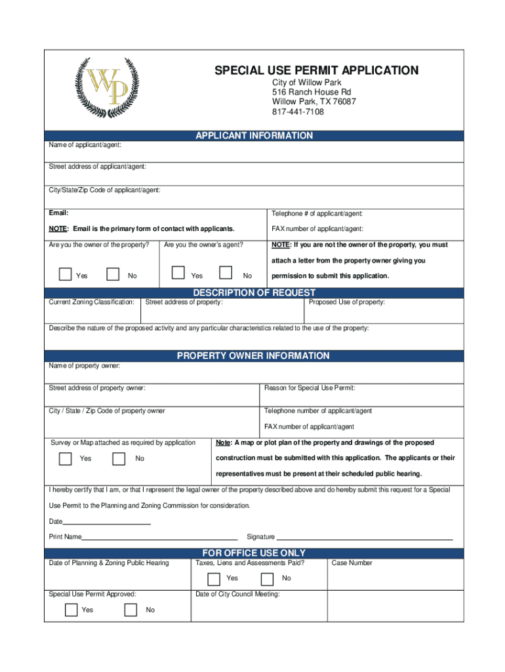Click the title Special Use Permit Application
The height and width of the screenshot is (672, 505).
[316, 70]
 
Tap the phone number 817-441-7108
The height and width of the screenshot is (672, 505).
[298, 112]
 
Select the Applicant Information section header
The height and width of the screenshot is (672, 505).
[254, 136]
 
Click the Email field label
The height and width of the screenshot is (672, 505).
[58, 213]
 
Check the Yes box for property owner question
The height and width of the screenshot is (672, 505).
[65, 274]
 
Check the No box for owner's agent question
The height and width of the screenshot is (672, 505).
[226, 274]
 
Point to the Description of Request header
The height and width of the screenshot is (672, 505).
[254, 293]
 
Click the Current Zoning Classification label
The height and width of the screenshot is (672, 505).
[92, 303]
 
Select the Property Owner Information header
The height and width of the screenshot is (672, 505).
[253, 356]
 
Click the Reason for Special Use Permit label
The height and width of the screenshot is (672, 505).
[310, 388]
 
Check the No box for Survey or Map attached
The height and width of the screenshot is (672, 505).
[119, 458]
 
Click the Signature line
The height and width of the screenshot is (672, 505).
[364, 537]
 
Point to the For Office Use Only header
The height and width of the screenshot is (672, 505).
[254, 553]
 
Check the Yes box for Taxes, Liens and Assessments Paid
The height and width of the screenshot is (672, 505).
[214, 579]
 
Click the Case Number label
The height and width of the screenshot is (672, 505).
[352, 563]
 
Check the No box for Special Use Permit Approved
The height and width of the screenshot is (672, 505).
[131, 610]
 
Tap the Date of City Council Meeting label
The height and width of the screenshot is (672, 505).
[237, 595]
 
